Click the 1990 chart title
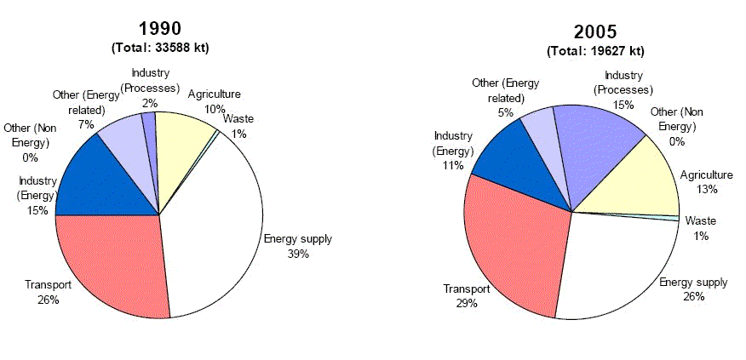pos(159,27)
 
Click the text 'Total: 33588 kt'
pos(159,48)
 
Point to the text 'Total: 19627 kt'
pos(594,52)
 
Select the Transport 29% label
pos(466,296)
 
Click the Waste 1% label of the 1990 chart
pos(238,126)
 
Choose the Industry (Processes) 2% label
pos(150,87)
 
